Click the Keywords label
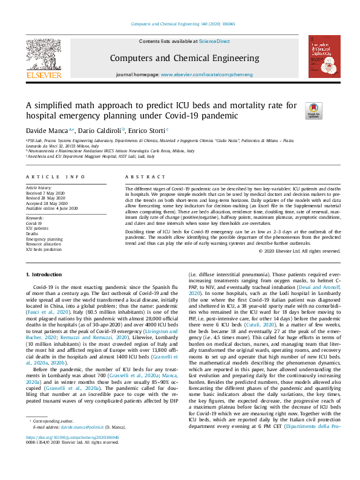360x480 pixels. click(x=35, y=218)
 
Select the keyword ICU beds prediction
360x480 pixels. click(x=44, y=249)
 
